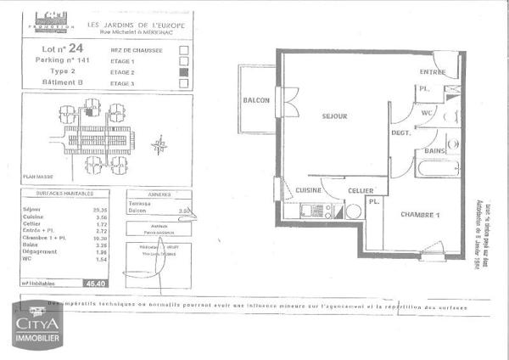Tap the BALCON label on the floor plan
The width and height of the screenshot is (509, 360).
256,100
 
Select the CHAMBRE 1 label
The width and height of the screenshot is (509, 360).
420,214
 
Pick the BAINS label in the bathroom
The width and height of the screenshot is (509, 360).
437,151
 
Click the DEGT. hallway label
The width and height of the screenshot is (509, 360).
401,133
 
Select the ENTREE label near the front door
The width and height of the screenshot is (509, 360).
433,72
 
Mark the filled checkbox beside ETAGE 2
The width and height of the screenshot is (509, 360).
183,73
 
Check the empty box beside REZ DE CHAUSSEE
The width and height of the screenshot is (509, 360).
183,50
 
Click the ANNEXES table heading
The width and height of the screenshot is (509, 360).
159,194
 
